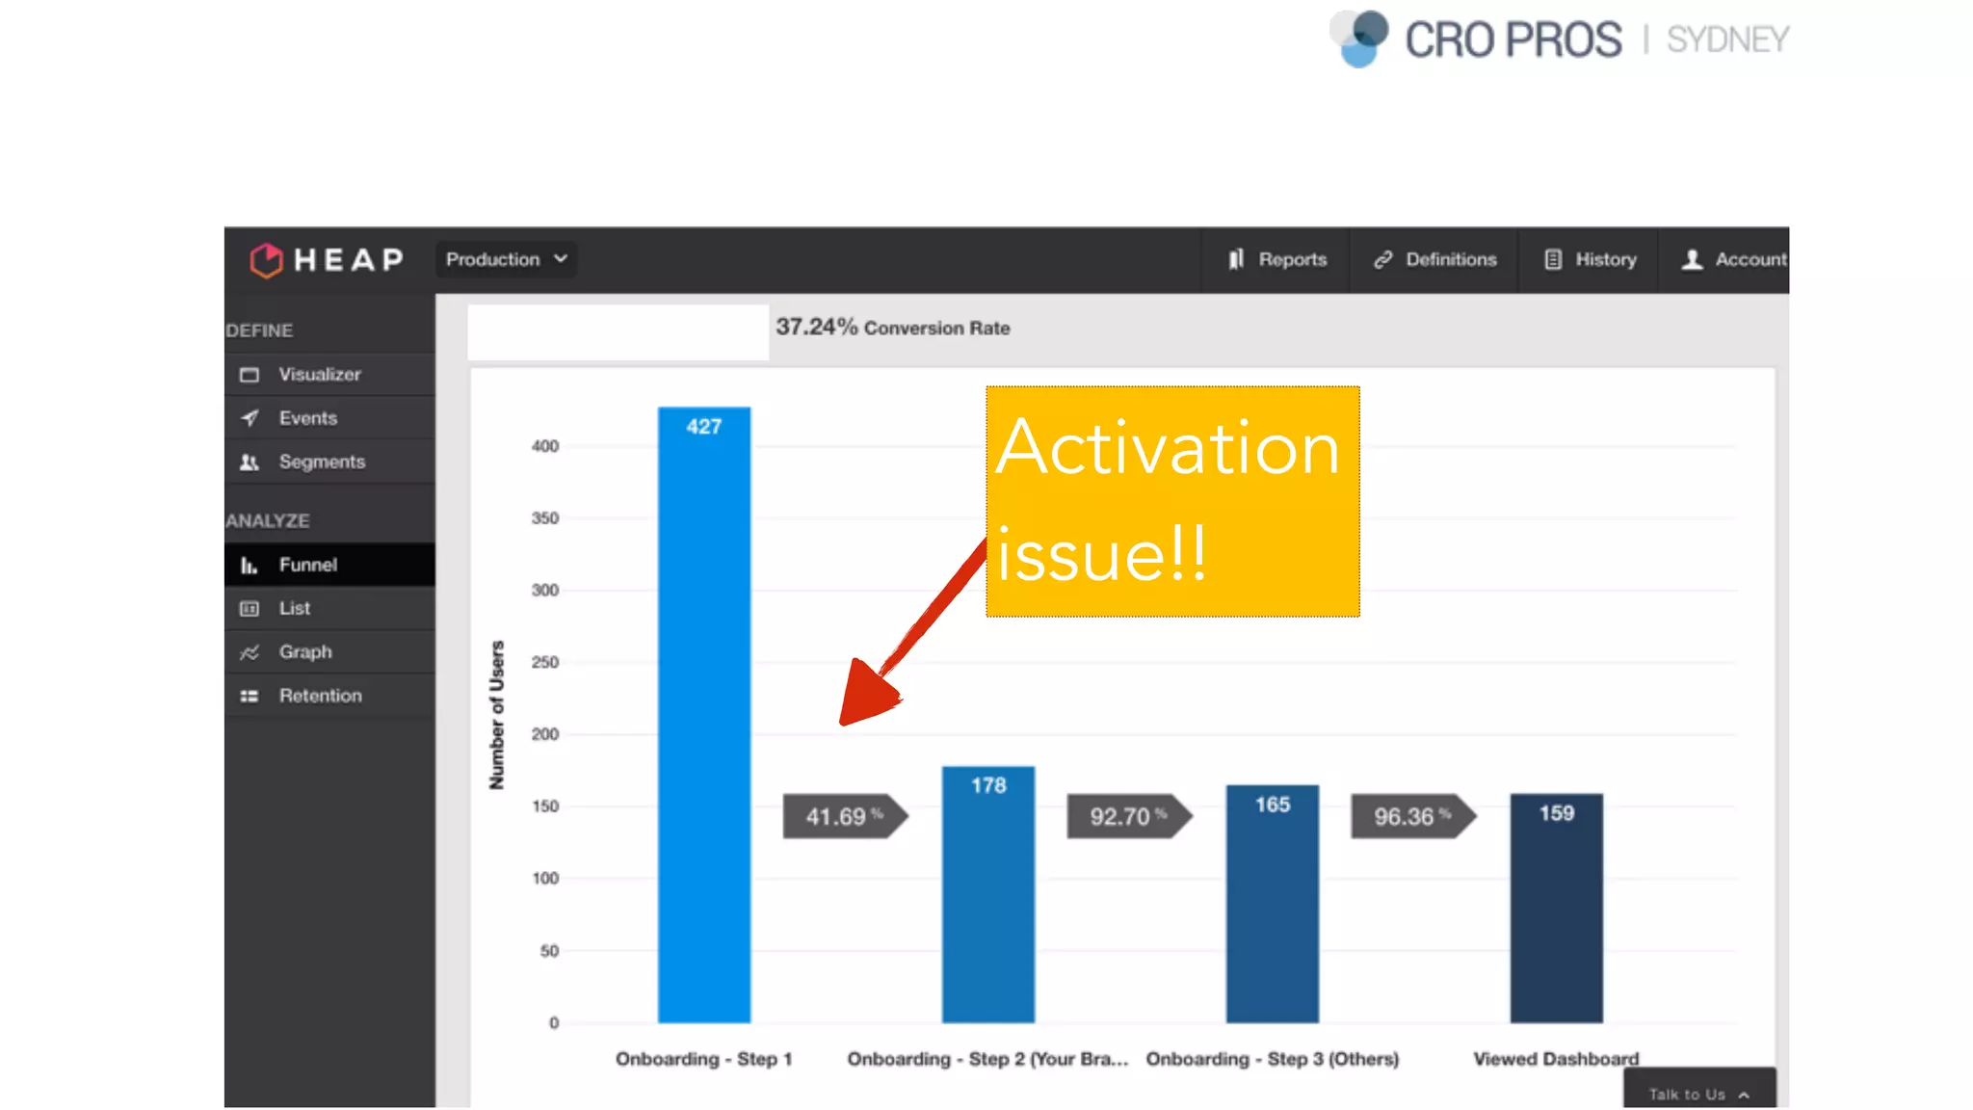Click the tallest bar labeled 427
point(703,714)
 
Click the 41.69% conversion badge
point(844,816)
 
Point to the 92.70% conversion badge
point(1128,816)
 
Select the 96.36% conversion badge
point(1412,816)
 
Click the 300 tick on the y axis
point(545,590)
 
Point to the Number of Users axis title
point(497,715)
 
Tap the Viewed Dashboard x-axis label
point(1555,1059)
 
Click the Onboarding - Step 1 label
point(703,1059)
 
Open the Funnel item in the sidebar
point(307,565)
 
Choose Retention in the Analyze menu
point(320,696)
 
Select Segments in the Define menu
point(322,462)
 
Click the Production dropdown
point(506,259)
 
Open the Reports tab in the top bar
point(1277,259)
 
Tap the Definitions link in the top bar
point(1435,259)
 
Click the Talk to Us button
point(1698,1094)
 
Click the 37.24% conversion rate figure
point(816,328)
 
